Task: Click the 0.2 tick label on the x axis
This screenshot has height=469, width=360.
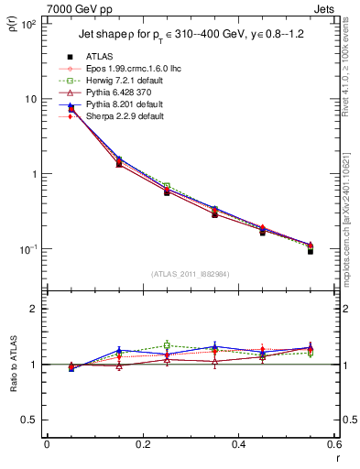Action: (x=142, y=444)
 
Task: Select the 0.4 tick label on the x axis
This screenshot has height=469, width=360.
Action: (x=238, y=444)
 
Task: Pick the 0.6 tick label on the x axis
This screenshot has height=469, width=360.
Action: (x=333, y=444)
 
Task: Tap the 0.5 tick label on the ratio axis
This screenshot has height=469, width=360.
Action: (x=30, y=420)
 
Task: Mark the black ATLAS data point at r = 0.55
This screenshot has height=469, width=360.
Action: (x=311, y=250)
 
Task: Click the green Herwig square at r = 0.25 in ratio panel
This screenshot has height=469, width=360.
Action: (x=167, y=345)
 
